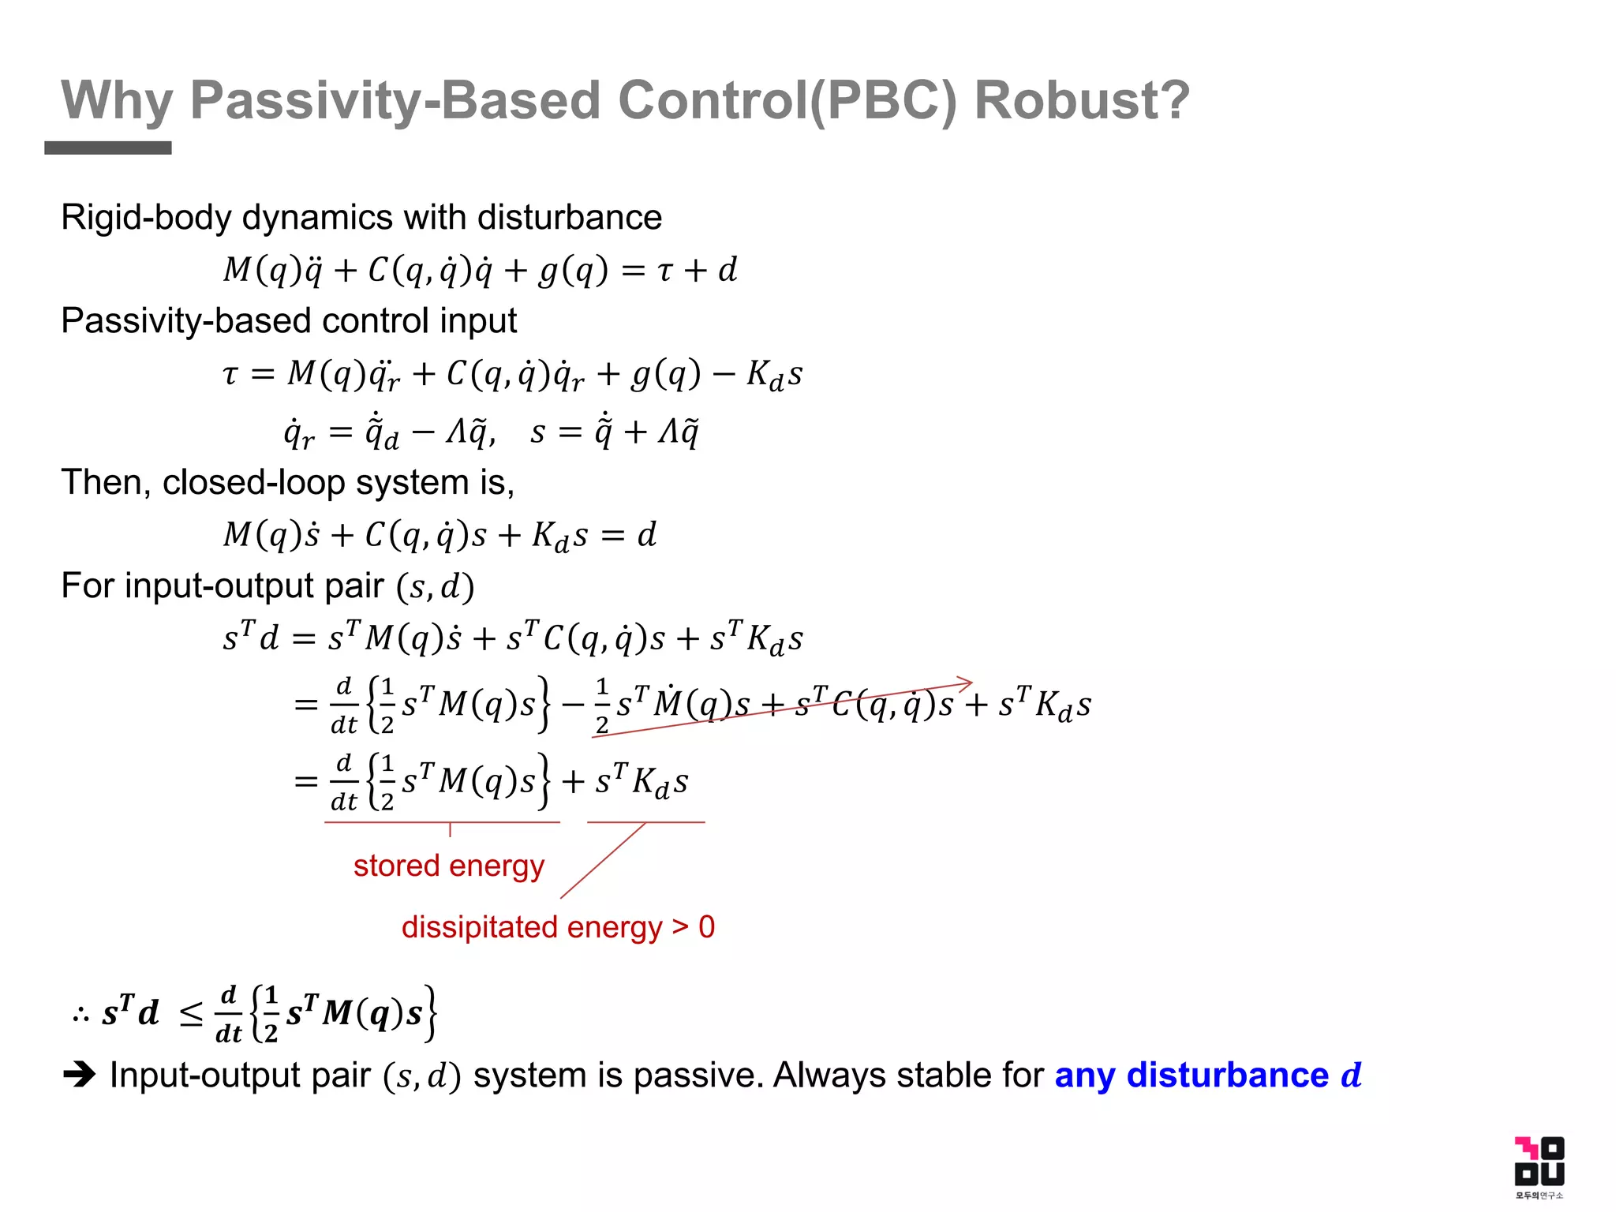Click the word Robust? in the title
point(1082,100)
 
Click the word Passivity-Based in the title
point(395,100)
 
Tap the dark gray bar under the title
point(108,148)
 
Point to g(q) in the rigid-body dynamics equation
point(574,271)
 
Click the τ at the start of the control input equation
point(230,373)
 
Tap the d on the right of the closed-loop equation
point(647,535)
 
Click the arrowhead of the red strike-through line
point(965,683)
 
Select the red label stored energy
point(449,866)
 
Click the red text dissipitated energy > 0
point(558,927)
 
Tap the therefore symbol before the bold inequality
point(80,1014)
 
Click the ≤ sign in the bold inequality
point(191,1014)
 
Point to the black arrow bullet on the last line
point(79,1074)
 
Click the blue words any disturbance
point(1191,1075)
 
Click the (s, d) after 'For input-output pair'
point(435,587)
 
